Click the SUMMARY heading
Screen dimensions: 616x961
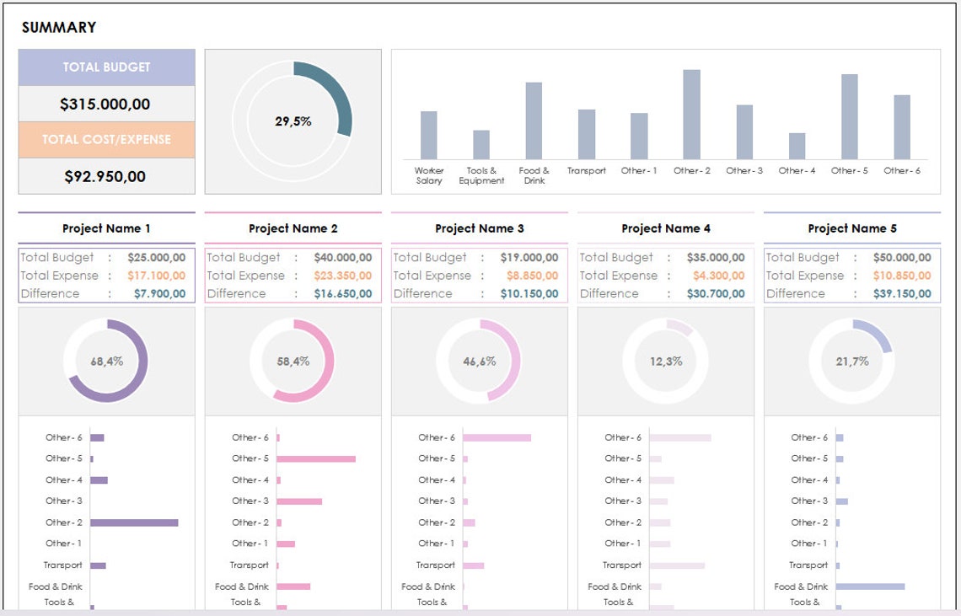click(59, 28)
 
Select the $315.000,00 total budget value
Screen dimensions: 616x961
click(105, 104)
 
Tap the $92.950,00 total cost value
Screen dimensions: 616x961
click(105, 177)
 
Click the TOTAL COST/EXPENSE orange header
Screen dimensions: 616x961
click(106, 140)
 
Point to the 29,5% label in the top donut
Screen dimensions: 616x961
click(293, 121)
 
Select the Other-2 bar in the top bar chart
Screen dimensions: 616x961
click(691, 115)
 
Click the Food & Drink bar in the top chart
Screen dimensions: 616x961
click(534, 121)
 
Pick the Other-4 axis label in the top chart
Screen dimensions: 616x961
click(797, 171)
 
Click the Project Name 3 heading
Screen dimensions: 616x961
click(479, 228)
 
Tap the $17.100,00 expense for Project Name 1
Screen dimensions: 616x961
click(157, 276)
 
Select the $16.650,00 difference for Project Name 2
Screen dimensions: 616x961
click(342, 294)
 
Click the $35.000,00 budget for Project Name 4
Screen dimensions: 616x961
click(716, 258)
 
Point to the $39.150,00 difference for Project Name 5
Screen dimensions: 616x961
click(902, 294)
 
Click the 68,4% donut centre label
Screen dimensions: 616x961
click(106, 362)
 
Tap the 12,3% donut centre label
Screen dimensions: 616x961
click(665, 362)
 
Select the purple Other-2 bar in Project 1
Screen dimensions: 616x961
click(134, 522)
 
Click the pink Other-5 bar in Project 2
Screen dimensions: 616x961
click(316, 459)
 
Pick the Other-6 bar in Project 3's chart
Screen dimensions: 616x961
click(497, 438)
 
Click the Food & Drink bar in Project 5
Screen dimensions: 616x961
click(870, 587)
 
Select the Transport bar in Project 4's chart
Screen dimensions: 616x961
click(677, 565)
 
